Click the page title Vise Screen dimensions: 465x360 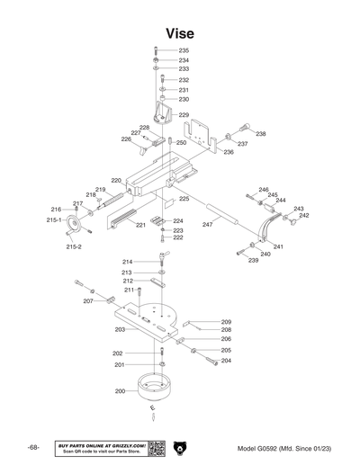(179, 33)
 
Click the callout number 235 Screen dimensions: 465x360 (184, 50)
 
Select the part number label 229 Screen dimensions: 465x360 (184, 115)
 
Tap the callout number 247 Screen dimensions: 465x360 (207, 224)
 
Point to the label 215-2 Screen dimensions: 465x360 (74, 246)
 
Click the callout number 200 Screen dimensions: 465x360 (120, 392)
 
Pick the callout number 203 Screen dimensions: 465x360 (120, 330)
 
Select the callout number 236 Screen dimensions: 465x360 (229, 152)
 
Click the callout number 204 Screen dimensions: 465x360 (226, 361)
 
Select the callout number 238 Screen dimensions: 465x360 (261, 134)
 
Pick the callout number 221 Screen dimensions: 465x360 (140, 225)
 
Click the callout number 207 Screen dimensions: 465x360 (88, 301)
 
